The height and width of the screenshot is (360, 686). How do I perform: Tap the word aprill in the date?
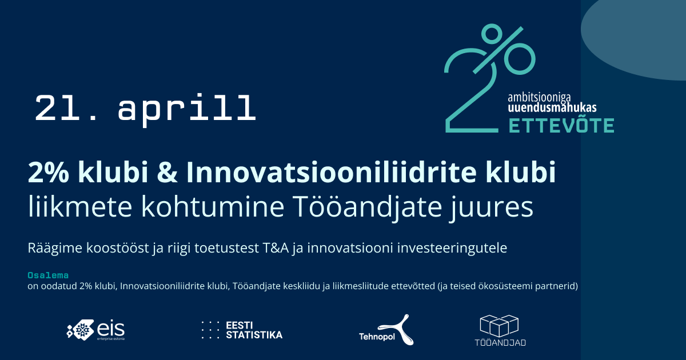tap(186, 109)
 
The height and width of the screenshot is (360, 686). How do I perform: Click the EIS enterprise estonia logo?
tap(96, 330)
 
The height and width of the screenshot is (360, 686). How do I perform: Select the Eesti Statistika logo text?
tap(254, 330)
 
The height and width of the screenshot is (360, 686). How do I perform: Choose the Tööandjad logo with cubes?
tap(500, 331)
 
